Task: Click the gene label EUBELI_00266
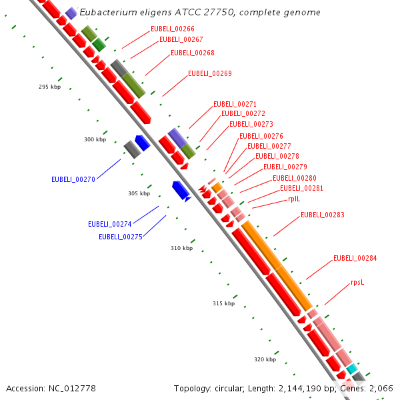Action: point(173,29)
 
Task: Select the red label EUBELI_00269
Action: point(210,73)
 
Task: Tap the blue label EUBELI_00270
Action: point(73,179)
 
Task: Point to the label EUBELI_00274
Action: point(110,224)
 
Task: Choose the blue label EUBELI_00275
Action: point(121,237)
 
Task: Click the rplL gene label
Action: point(294,199)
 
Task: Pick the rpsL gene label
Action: point(357,282)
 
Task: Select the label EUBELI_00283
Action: point(323,215)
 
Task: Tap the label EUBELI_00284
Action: point(355,258)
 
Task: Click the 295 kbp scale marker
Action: point(50,87)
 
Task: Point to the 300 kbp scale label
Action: point(95,140)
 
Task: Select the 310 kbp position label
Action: point(181,248)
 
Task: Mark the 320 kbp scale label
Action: point(265,359)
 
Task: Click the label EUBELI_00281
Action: point(302,188)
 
